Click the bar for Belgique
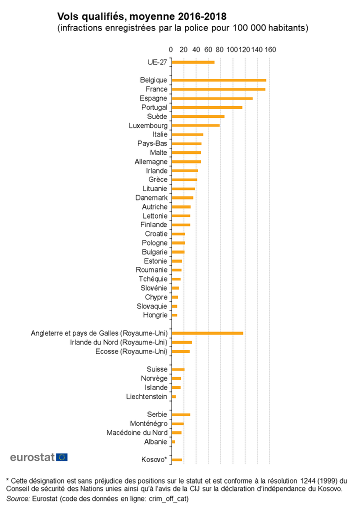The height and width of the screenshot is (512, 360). [218, 80]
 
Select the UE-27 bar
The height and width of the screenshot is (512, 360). [192, 62]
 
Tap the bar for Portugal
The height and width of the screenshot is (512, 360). [206, 107]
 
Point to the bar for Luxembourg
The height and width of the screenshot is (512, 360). [195, 125]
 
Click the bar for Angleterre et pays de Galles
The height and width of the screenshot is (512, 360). [207, 333]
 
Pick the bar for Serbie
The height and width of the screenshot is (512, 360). [180, 414]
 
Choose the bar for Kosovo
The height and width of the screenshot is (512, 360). [176, 459]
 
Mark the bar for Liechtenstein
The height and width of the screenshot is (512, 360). [173, 396]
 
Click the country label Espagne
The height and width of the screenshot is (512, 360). [153, 98]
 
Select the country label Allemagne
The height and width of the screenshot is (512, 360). [151, 161]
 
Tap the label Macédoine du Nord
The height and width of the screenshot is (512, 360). [137, 432]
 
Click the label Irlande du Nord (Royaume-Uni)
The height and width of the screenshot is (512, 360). [118, 342]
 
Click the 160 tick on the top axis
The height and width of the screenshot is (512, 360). [270, 50]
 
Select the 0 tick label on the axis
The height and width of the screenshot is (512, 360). [171, 50]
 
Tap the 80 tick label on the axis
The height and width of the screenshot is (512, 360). [220, 50]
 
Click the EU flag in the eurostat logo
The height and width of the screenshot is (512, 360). [62, 457]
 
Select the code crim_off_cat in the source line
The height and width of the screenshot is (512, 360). [165, 499]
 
